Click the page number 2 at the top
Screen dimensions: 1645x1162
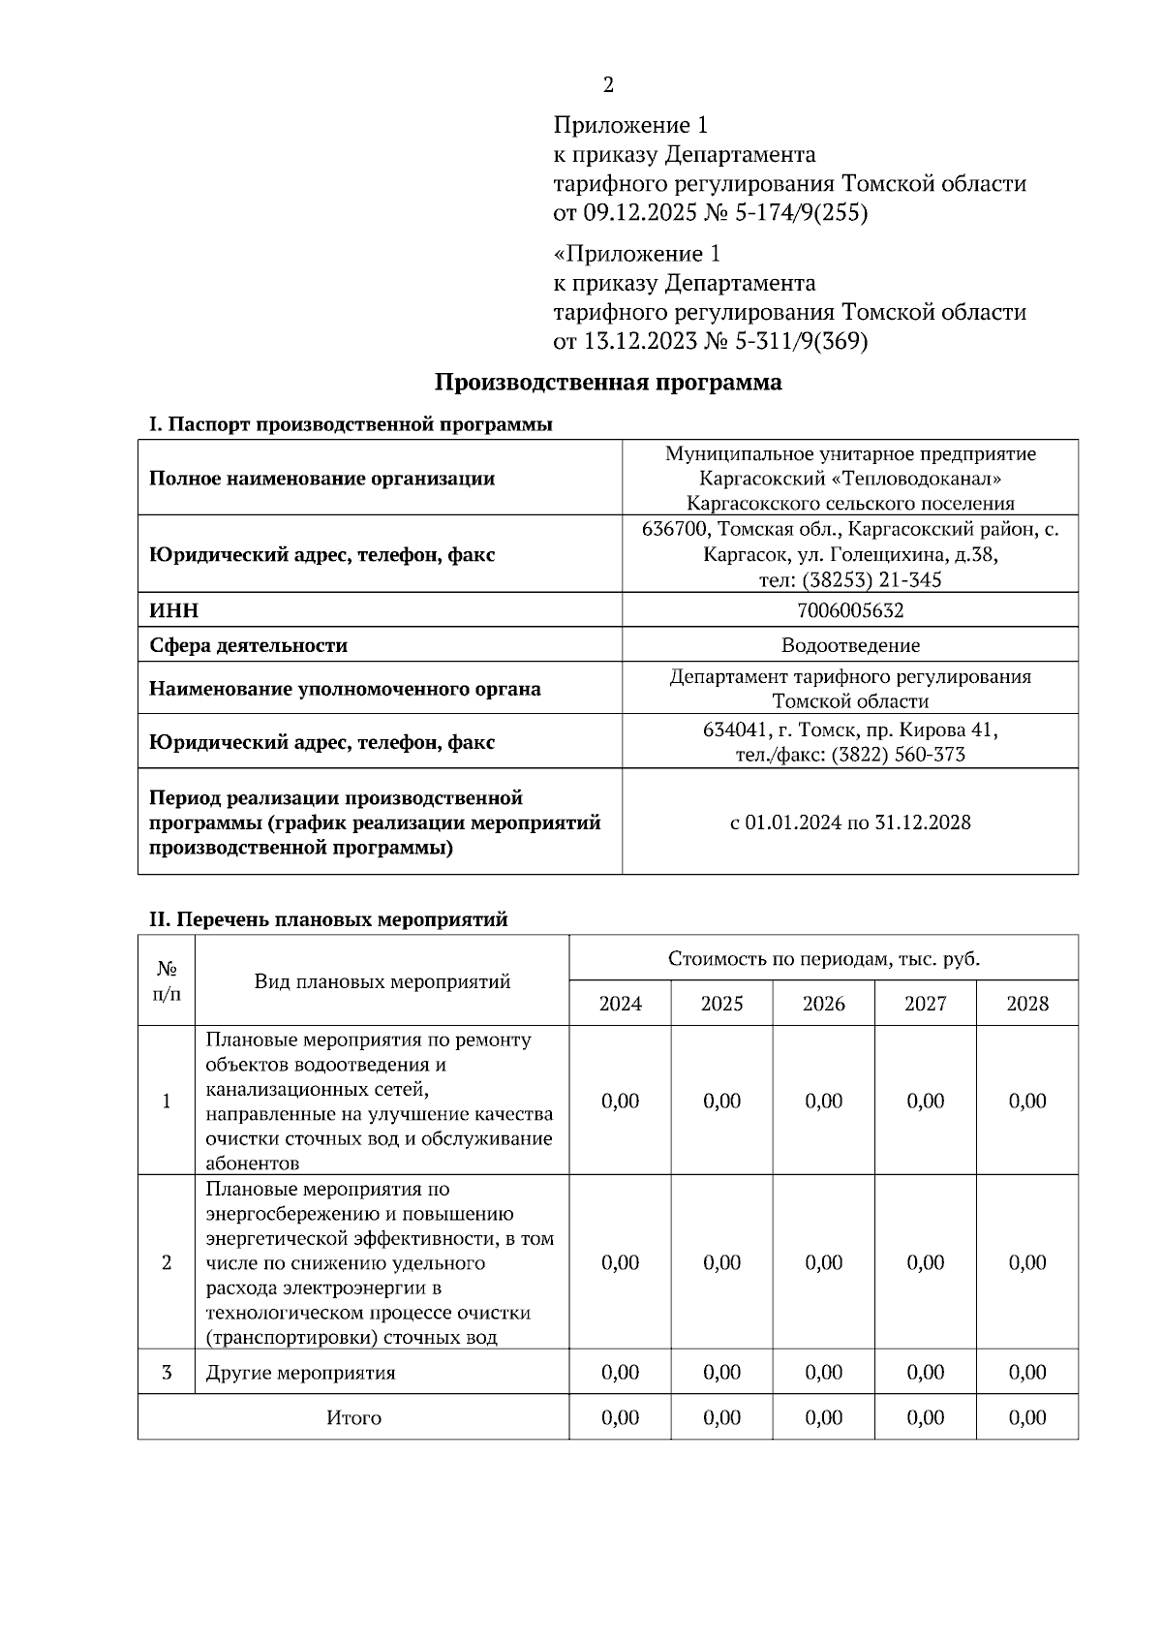pos(608,85)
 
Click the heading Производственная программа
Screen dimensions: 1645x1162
pos(607,382)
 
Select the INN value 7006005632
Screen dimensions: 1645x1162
pos(849,610)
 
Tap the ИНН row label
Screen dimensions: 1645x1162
pos(173,610)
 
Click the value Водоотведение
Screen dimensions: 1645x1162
pos(849,645)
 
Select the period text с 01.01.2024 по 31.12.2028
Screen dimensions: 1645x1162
pos(849,822)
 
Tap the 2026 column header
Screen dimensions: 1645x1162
pos(823,1004)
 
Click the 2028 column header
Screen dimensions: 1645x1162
pos(1026,1004)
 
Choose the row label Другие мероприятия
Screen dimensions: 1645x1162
pos(301,1373)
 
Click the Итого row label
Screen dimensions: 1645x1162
pos(353,1418)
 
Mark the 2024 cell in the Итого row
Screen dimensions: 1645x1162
pos(620,1418)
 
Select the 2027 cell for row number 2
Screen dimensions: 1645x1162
pos(925,1262)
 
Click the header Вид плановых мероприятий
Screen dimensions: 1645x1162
pos(382,981)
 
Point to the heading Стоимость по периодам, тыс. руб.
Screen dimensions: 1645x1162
pos(823,959)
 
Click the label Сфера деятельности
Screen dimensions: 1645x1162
pos(248,645)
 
